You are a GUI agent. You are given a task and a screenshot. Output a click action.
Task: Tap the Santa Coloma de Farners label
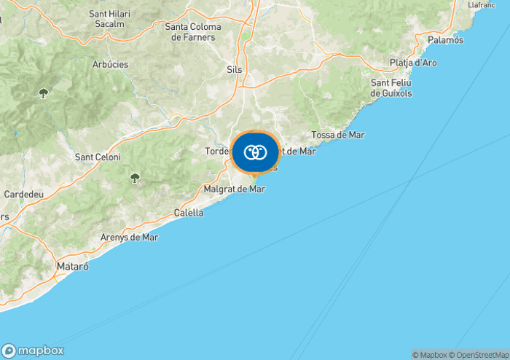[x=193, y=32]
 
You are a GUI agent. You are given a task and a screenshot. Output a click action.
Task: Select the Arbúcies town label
[x=110, y=64]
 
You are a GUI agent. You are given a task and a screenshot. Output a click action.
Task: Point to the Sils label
[x=235, y=69]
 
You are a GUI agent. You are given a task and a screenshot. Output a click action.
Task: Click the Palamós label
[x=446, y=40]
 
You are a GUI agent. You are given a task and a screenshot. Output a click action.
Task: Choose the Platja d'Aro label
[x=413, y=63]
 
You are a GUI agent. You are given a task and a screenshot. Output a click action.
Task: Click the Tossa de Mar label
[x=337, y=135]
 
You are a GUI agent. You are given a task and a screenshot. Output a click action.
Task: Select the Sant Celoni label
[x=98, y=157]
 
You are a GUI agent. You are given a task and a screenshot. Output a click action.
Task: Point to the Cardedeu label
[x=24, y=195]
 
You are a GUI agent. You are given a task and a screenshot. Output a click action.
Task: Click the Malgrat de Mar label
[x=235, y=189]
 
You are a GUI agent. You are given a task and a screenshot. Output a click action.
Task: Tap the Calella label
[x=189, y=213]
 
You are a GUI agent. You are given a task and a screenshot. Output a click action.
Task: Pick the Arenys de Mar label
[x=129, y=237]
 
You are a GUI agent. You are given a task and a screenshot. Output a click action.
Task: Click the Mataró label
[x=72, y=267]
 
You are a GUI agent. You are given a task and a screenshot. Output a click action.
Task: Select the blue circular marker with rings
[x=255, y=152]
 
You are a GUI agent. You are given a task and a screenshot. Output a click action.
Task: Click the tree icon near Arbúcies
[x=43, y=93]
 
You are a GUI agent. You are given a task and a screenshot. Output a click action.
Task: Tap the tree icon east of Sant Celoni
[x=134, y=177]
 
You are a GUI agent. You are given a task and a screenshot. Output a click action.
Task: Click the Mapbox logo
[x=33, y=350]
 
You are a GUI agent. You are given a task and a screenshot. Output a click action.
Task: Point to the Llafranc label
[x=482, y=4]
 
